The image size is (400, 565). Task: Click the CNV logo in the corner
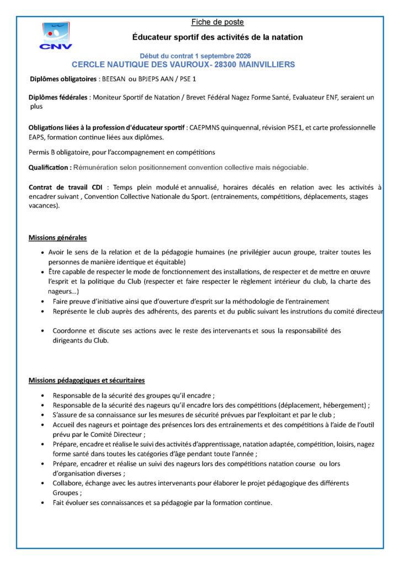pyautogui.click(x=55, y=36)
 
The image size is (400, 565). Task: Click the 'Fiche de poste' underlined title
pyautogui.click(x=217, y=22)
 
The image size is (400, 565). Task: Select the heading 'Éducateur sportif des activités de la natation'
pyautogui.click(x=217, y=37)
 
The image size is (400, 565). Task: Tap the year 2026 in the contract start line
pyautogui.click(x=241, y=56)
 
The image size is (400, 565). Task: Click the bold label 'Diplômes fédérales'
pyautogui.click(x=58, y=97)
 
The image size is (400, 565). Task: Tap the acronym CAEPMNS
pyautogui.click(x=206, y=127)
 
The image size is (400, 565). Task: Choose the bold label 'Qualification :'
pyautogui.click(x=50, y=167)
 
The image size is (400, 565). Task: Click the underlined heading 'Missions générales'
pyautogui.click(x=57, y=238)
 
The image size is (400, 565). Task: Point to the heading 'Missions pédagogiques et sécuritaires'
pyautogui.click(x=87, y=380)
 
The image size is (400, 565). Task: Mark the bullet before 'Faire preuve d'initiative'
pyautogui.click(x=43, y=302)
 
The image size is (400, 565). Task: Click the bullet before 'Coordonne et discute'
pyautogui.click(x=43, y=331)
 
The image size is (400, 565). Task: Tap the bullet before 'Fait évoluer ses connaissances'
pyautogui.click(x=43, y=503)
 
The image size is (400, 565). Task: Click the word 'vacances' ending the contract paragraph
pyautogui.click(x=44, y=205)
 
